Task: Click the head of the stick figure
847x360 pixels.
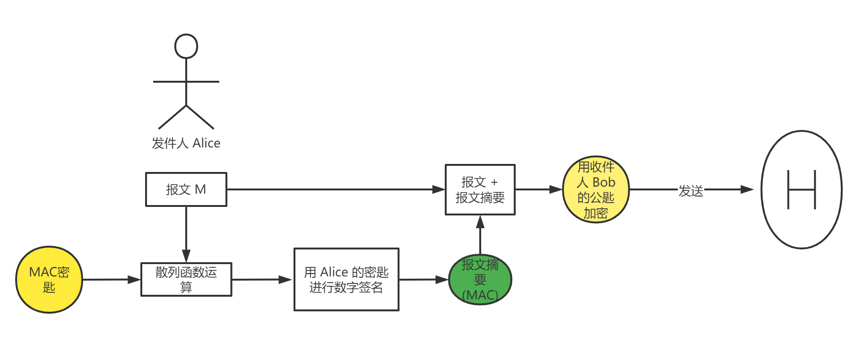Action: [186, 46]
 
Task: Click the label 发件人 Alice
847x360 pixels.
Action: [186, 143]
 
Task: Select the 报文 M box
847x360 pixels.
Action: [186, 189]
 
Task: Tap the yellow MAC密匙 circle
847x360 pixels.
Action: [49, 280]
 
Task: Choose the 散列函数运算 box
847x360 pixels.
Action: [186, 280]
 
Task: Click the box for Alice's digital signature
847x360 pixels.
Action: [346, 280]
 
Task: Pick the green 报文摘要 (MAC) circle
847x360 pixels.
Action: [480, 280]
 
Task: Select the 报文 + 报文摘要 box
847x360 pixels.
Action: [480, 189]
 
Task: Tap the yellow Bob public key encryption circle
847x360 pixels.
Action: [596, 189]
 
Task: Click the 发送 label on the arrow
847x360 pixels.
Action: [691, 190]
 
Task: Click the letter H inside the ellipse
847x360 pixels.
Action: [802, 189]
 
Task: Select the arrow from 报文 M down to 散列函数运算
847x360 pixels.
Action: [186, 234]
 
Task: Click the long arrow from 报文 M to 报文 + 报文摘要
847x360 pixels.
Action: [331, 189]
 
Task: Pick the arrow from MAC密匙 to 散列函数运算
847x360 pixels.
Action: [112, 280]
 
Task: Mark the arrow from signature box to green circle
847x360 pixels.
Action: [423, 280]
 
